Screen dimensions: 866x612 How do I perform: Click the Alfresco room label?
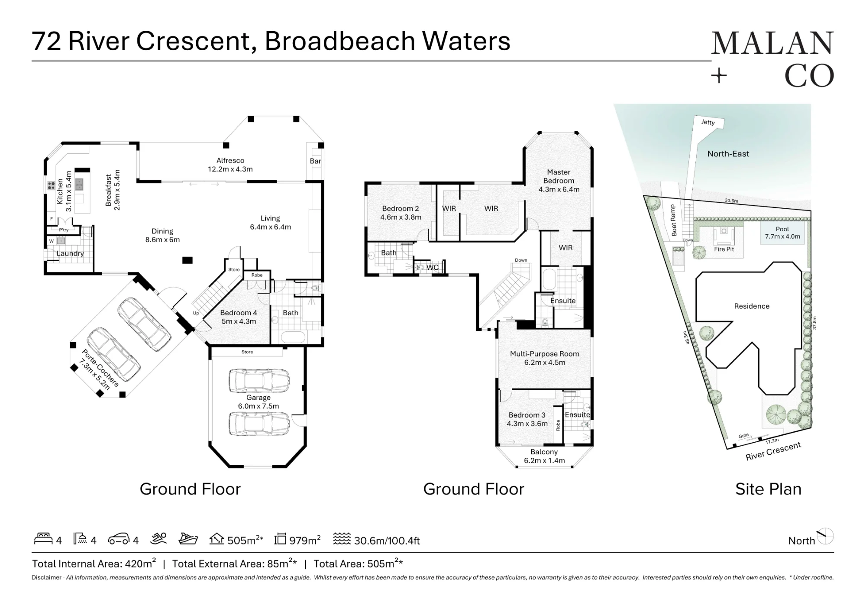(x=230, y=161)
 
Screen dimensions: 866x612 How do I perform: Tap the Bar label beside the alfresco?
(x=316, y=161)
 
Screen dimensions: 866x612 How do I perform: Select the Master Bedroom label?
(x=559, y=176)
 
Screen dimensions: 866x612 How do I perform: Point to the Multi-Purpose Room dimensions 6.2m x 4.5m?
(x=545, y=363)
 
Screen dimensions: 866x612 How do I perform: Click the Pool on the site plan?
(x=782, y=233)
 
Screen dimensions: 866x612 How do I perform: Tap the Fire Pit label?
(x=724, y=249)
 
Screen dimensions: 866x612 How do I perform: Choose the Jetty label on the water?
(x=708, y=122)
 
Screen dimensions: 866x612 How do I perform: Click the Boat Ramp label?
(x=673, y=220)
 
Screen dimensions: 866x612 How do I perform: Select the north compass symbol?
(x=825, y=537)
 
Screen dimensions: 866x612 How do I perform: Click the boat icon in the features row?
(x=188, y=539)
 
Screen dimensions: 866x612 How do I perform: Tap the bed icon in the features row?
(x=44, y=539)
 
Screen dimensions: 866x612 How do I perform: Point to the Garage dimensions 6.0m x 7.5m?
(x=259, y=406)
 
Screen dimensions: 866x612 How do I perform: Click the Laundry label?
(x=70, y=253)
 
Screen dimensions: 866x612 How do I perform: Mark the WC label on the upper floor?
(x=433, y=268)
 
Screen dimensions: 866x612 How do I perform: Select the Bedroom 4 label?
(x=239, y=313)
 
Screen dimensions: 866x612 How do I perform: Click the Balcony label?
(x=544, y=452)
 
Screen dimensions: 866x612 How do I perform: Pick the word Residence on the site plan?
(x=752, y=306)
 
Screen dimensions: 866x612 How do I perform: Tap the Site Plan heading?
(x=769, y=489)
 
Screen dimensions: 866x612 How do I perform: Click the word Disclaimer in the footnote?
(x=48, y=577)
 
